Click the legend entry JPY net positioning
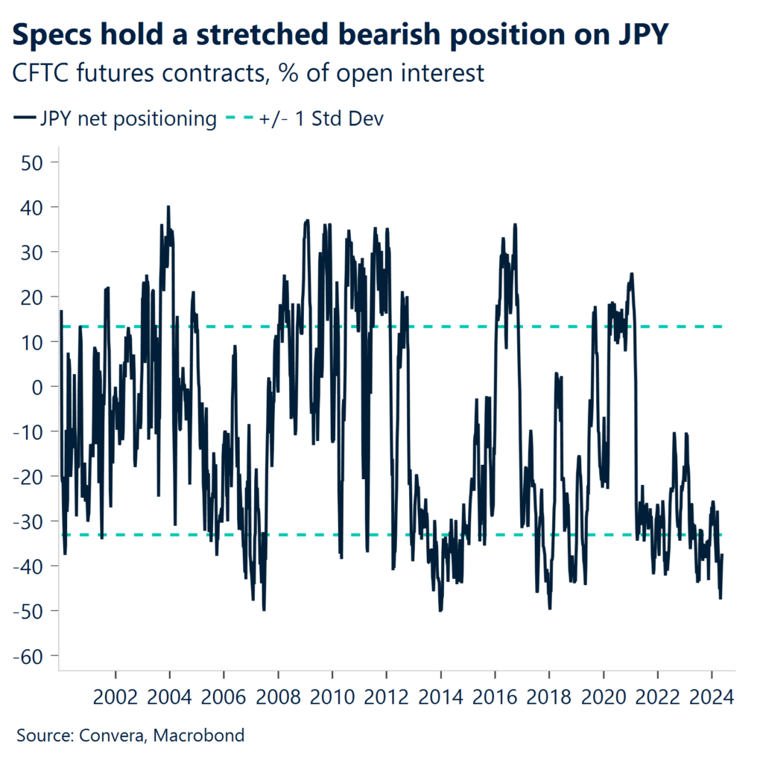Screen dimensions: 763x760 115,118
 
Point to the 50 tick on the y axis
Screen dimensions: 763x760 34,162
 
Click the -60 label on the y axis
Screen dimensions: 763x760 28,656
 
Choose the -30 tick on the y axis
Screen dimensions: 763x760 28,521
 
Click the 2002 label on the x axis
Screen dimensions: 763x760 115,698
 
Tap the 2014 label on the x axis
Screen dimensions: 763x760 440,698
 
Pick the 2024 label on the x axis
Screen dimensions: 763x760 711,698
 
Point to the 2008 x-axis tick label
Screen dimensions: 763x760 278,698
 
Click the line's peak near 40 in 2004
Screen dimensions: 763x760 168,206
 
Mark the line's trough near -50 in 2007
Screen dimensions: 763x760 264,610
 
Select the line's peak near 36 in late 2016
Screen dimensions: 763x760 516,224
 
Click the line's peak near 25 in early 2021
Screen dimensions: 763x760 632,273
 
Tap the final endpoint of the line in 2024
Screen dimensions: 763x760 723,554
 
